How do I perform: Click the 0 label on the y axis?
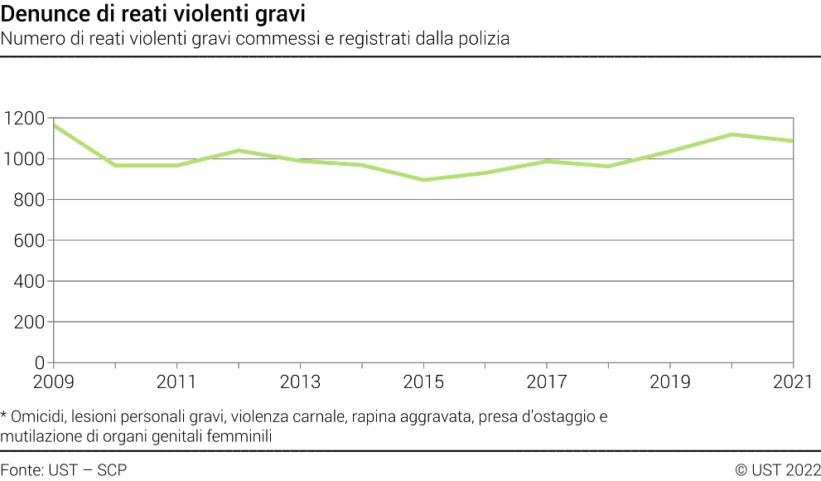coord(38,362)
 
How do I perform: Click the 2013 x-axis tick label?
coord(300,382)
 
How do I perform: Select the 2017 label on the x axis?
coord(546,382)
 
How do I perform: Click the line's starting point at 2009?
coord(54,126)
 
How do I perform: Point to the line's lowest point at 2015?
coord(423,180)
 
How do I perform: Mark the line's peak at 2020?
coord(732,134)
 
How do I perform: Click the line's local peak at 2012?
coord(239,150)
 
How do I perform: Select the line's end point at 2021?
coord(792,141)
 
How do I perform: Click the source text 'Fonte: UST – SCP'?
coord(64,470)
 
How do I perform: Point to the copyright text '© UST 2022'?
coord(777,470)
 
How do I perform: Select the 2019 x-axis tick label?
coord(669,382)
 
